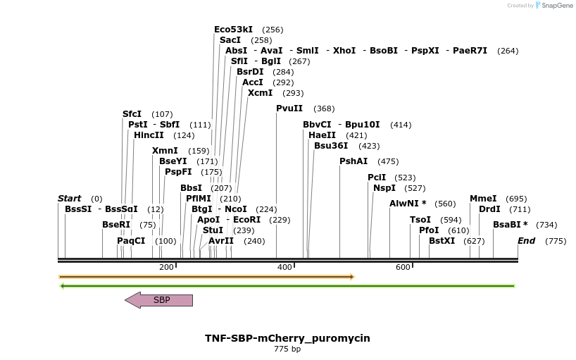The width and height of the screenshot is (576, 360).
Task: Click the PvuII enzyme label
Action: coord(289,108)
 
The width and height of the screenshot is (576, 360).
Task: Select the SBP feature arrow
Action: coord(158,300)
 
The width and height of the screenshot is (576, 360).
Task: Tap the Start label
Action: coord(69,199)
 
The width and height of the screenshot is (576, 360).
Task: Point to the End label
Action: coord(526,241)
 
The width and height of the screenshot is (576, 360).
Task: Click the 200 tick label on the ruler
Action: coord(166,268)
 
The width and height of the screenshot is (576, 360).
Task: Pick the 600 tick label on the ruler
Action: coord(403,268)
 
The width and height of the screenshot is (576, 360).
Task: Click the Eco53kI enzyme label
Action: coord(233,30)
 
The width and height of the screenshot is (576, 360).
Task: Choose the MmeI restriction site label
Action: coord(483,199)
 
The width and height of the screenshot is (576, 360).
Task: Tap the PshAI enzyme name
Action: coord(353,161)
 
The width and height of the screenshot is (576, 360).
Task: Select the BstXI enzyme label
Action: coord(442,241)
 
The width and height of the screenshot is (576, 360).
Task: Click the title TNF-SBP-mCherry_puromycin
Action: coord(287,338)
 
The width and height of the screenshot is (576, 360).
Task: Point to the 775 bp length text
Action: coord(287,349)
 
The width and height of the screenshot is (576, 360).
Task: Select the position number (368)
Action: coord(324,108)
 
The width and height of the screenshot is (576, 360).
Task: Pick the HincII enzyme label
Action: coord(149,135)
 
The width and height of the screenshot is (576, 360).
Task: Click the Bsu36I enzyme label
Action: coord(331,146)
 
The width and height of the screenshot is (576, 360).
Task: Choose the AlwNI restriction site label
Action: coord(408,204)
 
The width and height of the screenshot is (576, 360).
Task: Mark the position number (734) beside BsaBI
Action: coord(546,225)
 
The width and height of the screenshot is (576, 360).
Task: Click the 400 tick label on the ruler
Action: coord(284,268)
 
